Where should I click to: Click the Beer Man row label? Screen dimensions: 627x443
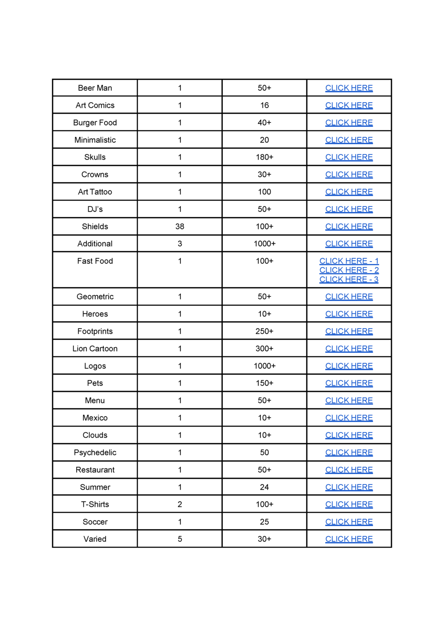95,88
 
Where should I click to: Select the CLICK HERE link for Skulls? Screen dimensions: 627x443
349,157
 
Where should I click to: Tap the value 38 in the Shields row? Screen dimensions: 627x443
180,226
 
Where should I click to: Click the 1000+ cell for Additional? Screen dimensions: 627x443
264,244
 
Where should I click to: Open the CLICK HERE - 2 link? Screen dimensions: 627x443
349,270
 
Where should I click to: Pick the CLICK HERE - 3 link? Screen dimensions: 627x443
349,279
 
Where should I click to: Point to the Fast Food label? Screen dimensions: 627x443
95,261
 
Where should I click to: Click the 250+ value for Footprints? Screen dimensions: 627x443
264,331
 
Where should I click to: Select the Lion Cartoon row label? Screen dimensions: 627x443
95,349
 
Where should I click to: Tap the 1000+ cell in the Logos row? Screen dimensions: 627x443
264,366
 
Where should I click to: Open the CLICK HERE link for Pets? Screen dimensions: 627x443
349,383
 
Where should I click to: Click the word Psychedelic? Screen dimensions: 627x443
95,452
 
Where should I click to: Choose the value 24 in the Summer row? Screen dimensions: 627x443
264,487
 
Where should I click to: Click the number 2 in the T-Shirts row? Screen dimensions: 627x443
180,504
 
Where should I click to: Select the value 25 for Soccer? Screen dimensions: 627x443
264,522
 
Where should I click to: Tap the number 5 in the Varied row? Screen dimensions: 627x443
180,539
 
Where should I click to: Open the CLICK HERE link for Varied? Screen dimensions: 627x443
349,539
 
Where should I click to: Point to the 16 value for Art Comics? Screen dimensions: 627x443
264,105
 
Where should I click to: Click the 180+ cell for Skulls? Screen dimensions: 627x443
264,157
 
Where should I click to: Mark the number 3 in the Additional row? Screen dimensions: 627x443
180,244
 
